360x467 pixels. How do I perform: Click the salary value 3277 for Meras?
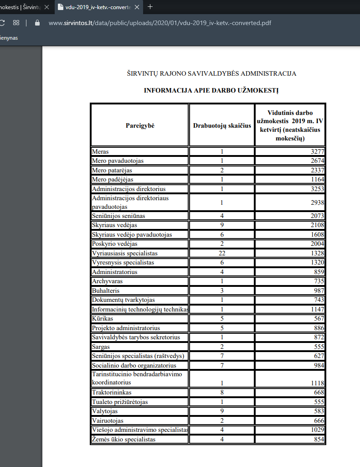tap(318, 152)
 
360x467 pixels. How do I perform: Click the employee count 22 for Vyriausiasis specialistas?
tap(222, 254)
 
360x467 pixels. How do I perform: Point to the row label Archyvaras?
tap(107, 281)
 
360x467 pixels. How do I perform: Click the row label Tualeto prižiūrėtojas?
tap(120, 402)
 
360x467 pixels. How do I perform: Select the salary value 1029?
tap(317, 430)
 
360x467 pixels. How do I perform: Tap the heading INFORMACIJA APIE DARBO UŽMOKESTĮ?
tap(211, 90)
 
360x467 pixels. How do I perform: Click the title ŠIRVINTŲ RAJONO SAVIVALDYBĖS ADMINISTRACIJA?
tap(211, 73)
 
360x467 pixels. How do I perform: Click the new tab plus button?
tap(150, 7)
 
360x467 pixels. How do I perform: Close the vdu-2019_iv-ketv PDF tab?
tap(138, 7)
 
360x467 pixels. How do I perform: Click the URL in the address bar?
tap(159, 22)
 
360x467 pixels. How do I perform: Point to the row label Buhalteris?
tap(105, 291)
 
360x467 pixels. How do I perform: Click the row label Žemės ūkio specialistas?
tap(123, 440)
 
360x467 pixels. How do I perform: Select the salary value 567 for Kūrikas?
tap(319, 319)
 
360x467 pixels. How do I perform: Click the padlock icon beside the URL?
tap(37, 22)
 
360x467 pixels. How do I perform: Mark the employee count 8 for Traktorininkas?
tap(222, 393)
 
